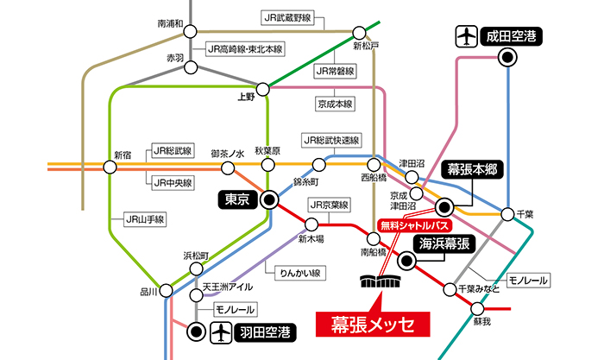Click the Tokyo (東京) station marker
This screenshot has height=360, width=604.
point(269,199)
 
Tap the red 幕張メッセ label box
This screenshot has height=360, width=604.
point(373,324)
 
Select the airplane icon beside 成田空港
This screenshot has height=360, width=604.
point(467,36)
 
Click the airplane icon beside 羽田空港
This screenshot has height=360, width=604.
point(221,332)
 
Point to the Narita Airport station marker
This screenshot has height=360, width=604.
point(507,58)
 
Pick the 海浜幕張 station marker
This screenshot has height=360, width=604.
point(406,261)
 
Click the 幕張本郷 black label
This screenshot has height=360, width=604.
point(472,169)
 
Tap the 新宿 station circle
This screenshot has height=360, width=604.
point(110,167)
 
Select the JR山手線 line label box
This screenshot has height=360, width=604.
point(145,219)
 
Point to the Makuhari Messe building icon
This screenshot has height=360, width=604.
point(381,281)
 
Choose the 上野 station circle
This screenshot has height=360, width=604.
point(262,90)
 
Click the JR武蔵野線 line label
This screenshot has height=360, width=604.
point(287,18)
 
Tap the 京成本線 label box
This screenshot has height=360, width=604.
point(335,104)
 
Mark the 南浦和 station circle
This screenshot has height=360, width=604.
point(190,32)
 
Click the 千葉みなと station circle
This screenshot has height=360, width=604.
point(450,289)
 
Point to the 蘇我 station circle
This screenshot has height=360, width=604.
point(477,309)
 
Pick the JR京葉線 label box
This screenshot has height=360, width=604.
point(329,205)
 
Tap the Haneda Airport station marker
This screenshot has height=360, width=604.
point(196,332)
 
